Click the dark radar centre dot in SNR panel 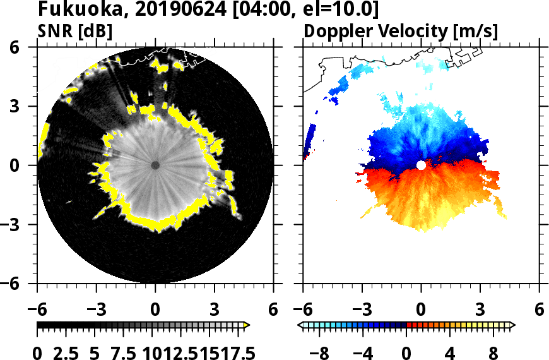pyautogui.click(x=155, y=165)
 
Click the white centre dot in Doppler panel pyautogui.click(x=421, y=165)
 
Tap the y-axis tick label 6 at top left pyautogui.click(x=21, y=47)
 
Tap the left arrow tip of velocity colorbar pyautogui.click(x=300, y=325)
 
